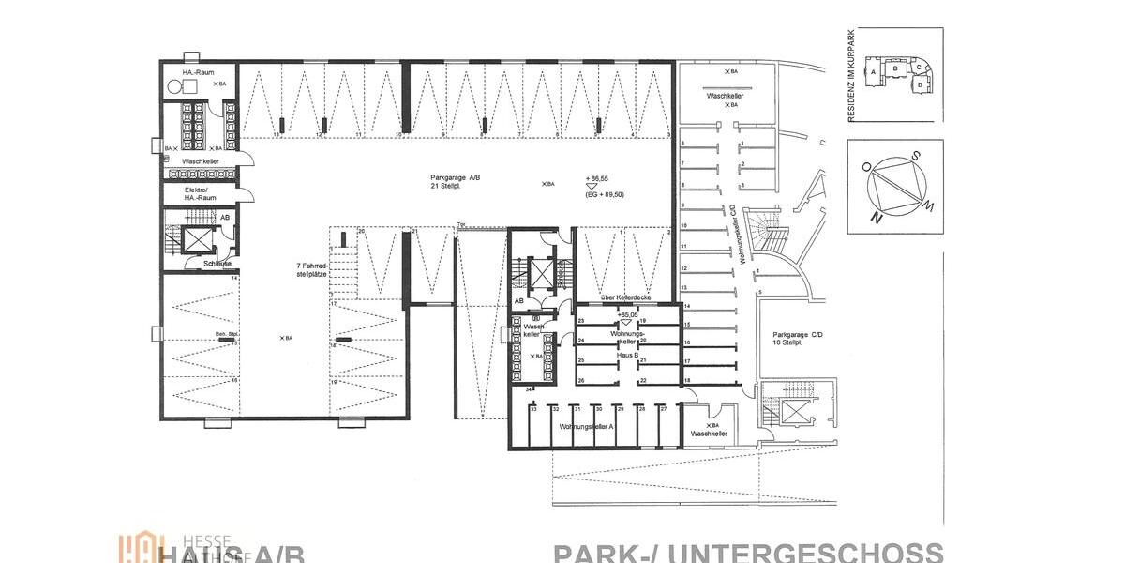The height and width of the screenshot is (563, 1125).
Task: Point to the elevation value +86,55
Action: click(x=596, y=177)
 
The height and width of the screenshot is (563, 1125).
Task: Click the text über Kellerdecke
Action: click(x=625, y=298)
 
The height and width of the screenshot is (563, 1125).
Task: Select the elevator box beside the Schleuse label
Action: click(x=200, y=239)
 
